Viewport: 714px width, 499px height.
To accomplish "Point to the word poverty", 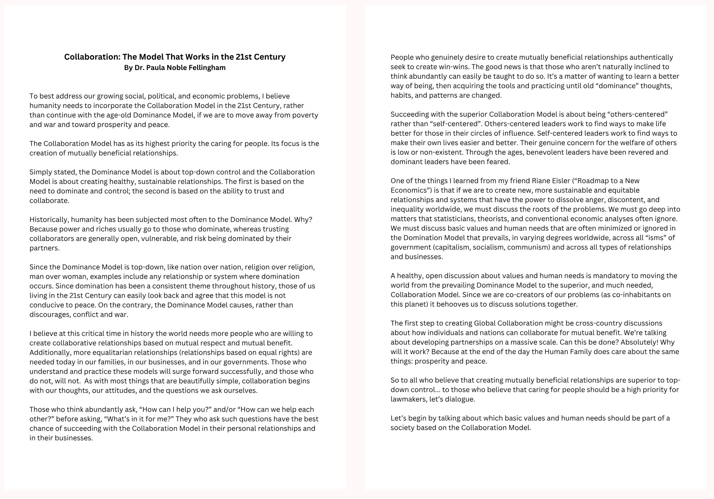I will point(304,115).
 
